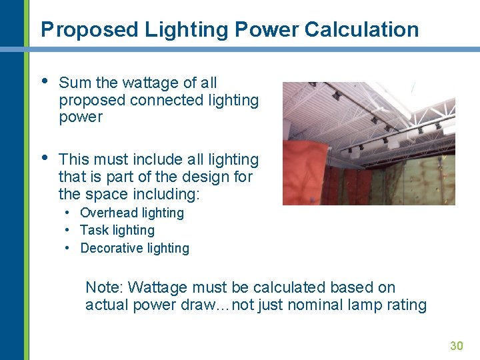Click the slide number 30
457,345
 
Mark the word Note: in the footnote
105,287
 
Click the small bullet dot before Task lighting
68,230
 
